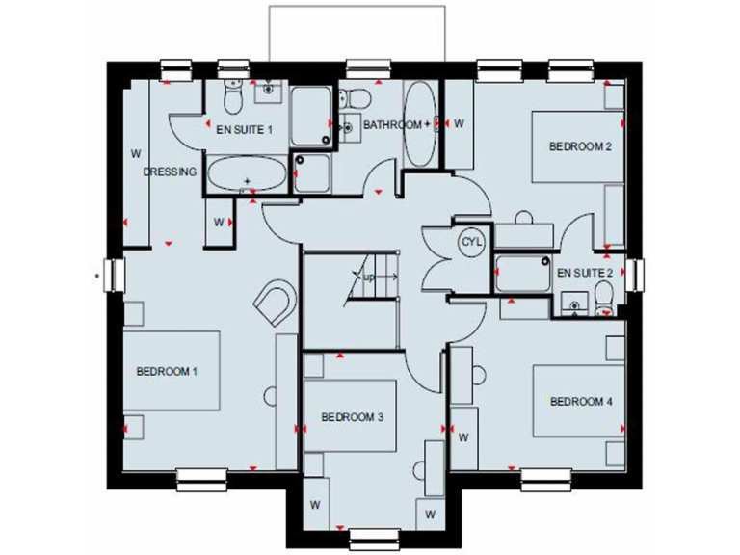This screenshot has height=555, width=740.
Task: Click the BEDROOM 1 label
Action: pyautogui.click(x=167, y=370)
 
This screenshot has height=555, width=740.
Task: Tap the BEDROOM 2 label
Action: pyautogui.click(x=581, y=146)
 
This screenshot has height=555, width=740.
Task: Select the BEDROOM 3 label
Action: pyautogui.click(x=353, y=417)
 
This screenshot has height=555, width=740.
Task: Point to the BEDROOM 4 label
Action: pyautogui.click(x=582, y=402)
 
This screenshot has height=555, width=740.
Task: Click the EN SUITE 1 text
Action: pyautogui.click(x=245, y=128)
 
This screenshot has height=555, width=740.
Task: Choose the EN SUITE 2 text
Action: pyautogui.click(x=585, y=273)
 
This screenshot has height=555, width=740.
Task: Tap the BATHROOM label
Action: pyautogui.click(x=392, y=124)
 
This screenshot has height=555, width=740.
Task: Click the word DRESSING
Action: pyautogui.click(x=171, y=172)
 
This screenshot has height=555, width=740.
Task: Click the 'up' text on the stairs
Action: pyautogui.click(x=369, y=277)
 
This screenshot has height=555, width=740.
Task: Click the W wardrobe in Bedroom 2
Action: pyautogui.click(x=460, y=123)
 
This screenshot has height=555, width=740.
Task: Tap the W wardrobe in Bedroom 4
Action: pyautogui.click(x=463, y=437)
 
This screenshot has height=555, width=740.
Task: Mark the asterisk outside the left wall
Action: pyautogui.click(x=97, y=277)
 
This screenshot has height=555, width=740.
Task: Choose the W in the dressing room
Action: pyautogui.click(x=137, y=152)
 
